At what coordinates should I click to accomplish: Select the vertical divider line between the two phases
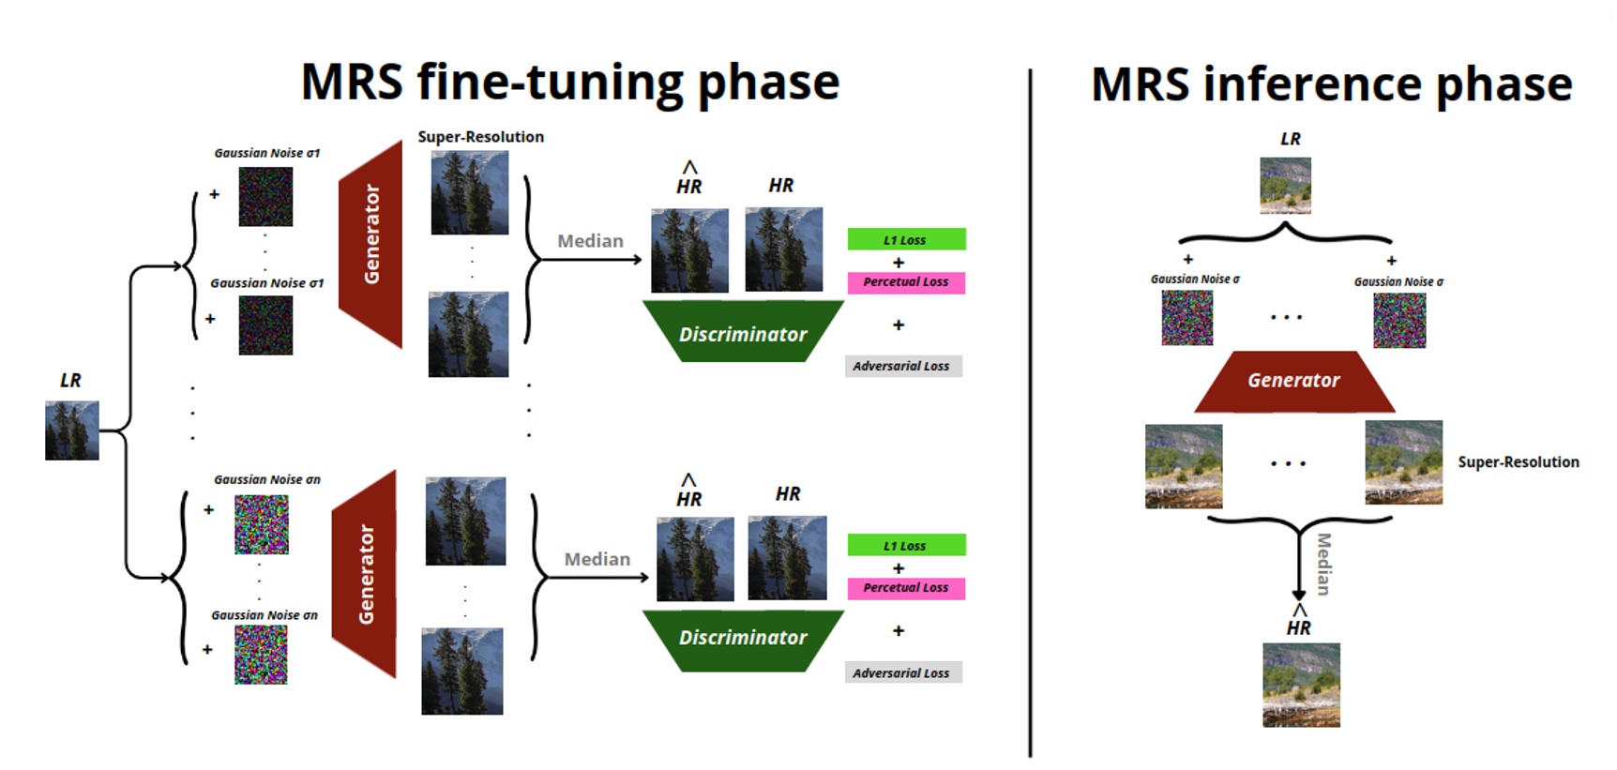[x=1030, y=413]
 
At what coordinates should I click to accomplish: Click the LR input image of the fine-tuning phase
[x=72, y=430]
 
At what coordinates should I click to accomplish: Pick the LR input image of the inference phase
[x=1285, y=186]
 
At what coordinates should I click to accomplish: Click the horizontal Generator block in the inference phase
[x=1293, y=381]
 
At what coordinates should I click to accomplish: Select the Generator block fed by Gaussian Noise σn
[x=365, y=574]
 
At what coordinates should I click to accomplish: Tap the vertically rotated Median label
[x=1323, y=564]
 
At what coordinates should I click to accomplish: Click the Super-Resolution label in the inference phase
[x=1518, y=461]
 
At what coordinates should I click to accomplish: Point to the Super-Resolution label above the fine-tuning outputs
[x=480, y=137]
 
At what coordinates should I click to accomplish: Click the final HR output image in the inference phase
[x=1301, y=685]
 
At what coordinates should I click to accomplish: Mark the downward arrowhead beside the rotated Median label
[x=1298, y=595]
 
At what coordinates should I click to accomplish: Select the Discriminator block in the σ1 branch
[x=743, y=334]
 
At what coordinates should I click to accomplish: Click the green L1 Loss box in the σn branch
[x=906, y=545]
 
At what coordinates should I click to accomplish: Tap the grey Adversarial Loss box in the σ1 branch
[x=902, y=366]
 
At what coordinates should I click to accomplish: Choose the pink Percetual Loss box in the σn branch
[x=906, y=588]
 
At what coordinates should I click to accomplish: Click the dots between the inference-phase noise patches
[x=1286, y=318]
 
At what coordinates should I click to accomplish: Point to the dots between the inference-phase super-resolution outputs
[x=1288, y=463]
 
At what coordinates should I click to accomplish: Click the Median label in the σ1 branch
[x=590, y=241]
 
